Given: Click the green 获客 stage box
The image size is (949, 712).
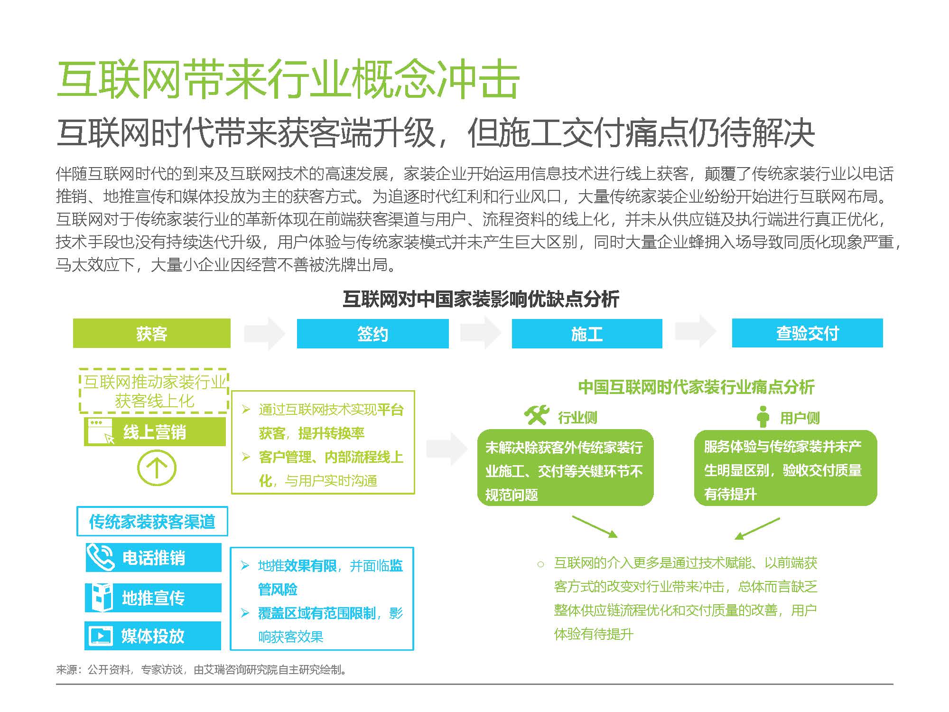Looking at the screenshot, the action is tap(151, 333).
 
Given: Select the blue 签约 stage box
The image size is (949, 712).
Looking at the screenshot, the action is tap(372, 333).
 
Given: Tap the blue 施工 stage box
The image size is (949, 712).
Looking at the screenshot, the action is tap(587, 333).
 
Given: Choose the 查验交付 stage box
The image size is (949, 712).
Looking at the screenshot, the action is tap(807, 333).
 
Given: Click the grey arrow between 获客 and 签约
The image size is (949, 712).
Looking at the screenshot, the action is tap(264, 333).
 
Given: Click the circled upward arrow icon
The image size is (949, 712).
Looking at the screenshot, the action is tap(157, 468).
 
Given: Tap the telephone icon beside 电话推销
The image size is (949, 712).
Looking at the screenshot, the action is tap(101, 557).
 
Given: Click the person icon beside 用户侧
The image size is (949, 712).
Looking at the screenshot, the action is tap(763, 416).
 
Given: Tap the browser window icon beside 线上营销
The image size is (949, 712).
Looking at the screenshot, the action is tap(100, 431).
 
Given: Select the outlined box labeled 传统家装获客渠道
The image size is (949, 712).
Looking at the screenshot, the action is tap(152, 521).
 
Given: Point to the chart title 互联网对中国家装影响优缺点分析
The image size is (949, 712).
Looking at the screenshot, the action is tap(481, 299).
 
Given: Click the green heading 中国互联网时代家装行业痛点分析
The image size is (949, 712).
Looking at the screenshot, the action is tap(696, 387).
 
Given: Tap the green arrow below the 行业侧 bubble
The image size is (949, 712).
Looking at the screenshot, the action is tap(595, 526).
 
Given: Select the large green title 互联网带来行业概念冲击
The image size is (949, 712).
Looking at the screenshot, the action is tap(288, 79).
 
